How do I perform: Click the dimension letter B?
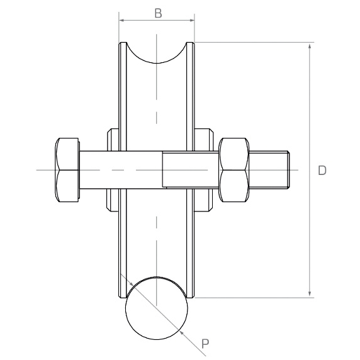158,13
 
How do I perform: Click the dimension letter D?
322,171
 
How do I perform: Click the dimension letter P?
205,344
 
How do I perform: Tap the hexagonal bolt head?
67,170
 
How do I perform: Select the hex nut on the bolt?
234,170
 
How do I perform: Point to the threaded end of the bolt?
269,170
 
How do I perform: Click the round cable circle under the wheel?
157,308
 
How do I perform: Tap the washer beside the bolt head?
113,170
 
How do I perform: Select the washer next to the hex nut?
204,170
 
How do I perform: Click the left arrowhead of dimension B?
122,20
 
